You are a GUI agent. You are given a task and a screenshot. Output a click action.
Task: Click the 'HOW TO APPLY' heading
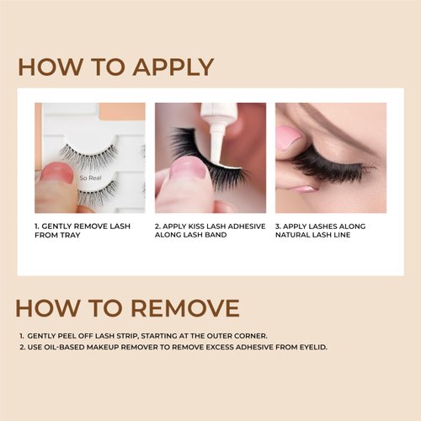[x=115, y=67]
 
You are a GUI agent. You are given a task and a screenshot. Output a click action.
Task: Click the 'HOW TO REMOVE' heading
[x=128, y=307]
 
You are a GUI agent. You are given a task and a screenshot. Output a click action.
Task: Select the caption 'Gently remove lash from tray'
[x=83, y=231]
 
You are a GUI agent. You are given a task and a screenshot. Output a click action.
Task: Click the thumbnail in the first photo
[x=57, y=173]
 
